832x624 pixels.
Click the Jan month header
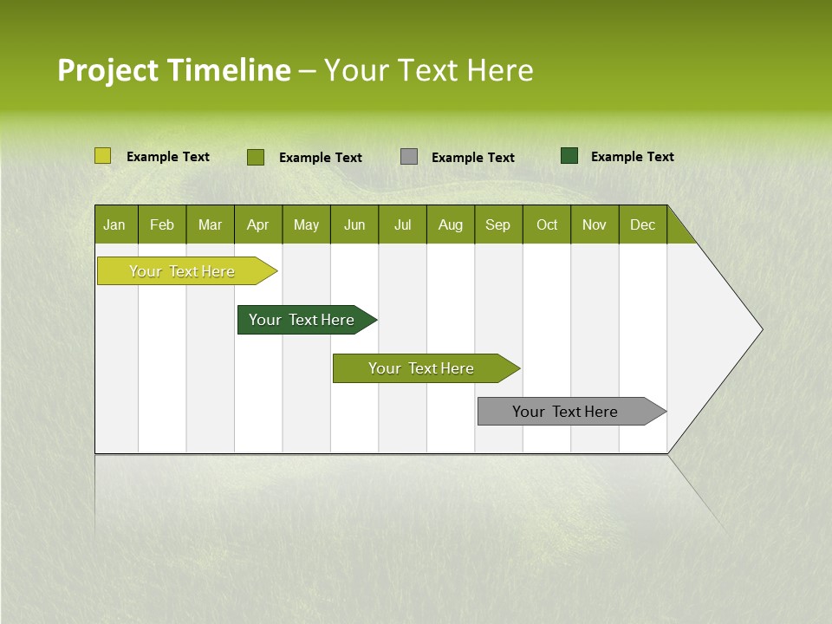[x=114, y=224]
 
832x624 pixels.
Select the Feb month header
[x=162, y=224]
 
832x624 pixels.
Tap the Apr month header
[x=257, y=224]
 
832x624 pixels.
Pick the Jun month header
[x=354, y=224]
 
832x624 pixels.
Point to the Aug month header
[x=450, y=224]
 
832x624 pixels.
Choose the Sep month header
[x=497, y=224]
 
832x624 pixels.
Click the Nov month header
[x=594, y=224]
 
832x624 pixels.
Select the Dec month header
[x=642, y=224]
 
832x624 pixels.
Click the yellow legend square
[x=103, y=156]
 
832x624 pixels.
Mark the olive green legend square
[x=256, y=157]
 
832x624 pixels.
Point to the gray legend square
[x=409, y=157]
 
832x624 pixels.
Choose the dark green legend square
[x=569, y=156]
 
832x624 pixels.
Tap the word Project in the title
[x=107, y=70]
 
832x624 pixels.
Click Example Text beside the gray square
[x=473, y=158]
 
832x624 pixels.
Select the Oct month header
[x=547, y=224]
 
